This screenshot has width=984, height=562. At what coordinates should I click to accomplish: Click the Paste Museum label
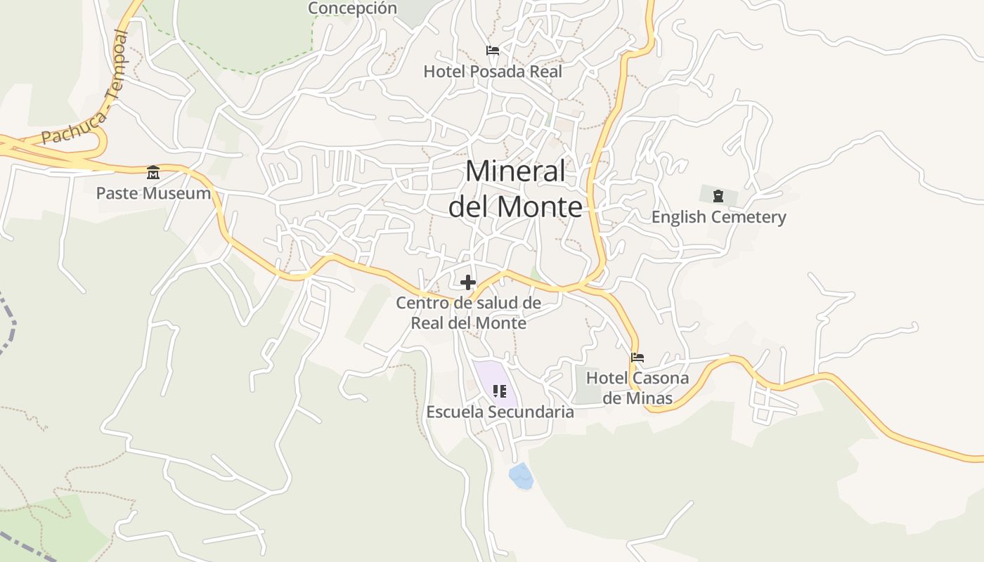click(153, 193)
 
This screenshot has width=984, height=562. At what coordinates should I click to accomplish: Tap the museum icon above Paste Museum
click(153, 172)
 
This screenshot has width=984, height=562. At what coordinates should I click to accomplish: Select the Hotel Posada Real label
click(493, 71)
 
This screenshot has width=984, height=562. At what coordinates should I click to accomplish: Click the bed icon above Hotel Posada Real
click(493, 51)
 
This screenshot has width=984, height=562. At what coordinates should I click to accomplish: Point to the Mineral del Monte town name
click(515, 189)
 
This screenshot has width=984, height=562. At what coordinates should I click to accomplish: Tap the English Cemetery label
click(718, 217)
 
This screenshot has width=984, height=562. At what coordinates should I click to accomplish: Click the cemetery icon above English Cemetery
click(718, 195)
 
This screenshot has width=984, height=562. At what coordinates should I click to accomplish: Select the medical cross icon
click(468, 282)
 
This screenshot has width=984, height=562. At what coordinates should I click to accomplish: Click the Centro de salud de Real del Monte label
click(468, 313)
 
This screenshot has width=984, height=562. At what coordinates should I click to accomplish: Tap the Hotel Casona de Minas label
click(637, 388)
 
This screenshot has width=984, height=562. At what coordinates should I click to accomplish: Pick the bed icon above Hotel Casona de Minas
click(637, 358)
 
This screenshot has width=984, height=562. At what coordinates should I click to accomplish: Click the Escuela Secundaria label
click(500, 412)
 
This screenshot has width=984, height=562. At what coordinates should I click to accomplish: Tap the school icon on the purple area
click(500, 391)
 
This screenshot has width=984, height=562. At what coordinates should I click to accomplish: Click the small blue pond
click(521, 476)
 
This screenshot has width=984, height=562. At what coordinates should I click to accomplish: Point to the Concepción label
click(353, 8)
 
